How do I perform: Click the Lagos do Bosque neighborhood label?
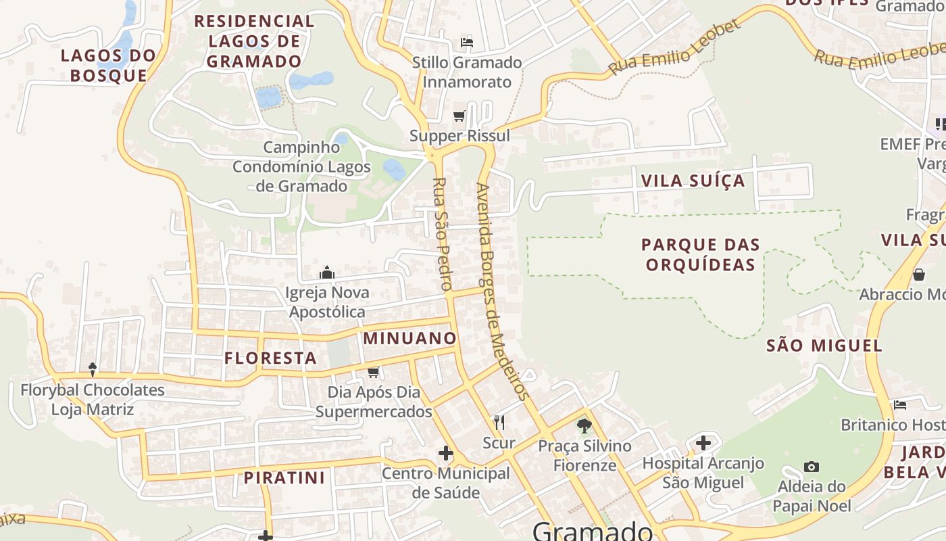(x=108, y=65)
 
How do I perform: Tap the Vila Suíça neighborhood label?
(x=693, y=181)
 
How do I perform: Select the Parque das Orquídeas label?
(x=701, y=254)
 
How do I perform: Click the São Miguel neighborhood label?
(x=824, y=346)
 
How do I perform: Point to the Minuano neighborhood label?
(x=410, y=338)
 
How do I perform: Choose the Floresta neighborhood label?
(x=270, y=358)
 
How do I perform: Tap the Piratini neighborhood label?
(x=284, y=477)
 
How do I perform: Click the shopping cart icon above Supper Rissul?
(x=459, y=116)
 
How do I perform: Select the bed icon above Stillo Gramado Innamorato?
(x=466, y=43)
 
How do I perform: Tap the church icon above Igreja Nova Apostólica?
(x=327, y=273)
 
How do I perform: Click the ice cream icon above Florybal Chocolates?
(x=93, y=370)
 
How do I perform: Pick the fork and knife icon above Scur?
(x=499, y=423)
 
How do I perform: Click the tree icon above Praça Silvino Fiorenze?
(x=584, y=426)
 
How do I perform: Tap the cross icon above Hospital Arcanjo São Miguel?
(x=703, y=444)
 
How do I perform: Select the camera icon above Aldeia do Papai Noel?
(x=812, y=467)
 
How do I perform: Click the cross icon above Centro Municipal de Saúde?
(x=446, y=453)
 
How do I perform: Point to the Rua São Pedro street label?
(x=442, y=234)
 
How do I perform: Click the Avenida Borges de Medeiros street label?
(x=501, y=291)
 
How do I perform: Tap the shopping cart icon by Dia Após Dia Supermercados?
(x=373, y=372)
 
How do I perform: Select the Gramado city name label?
(x=593, y=530)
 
